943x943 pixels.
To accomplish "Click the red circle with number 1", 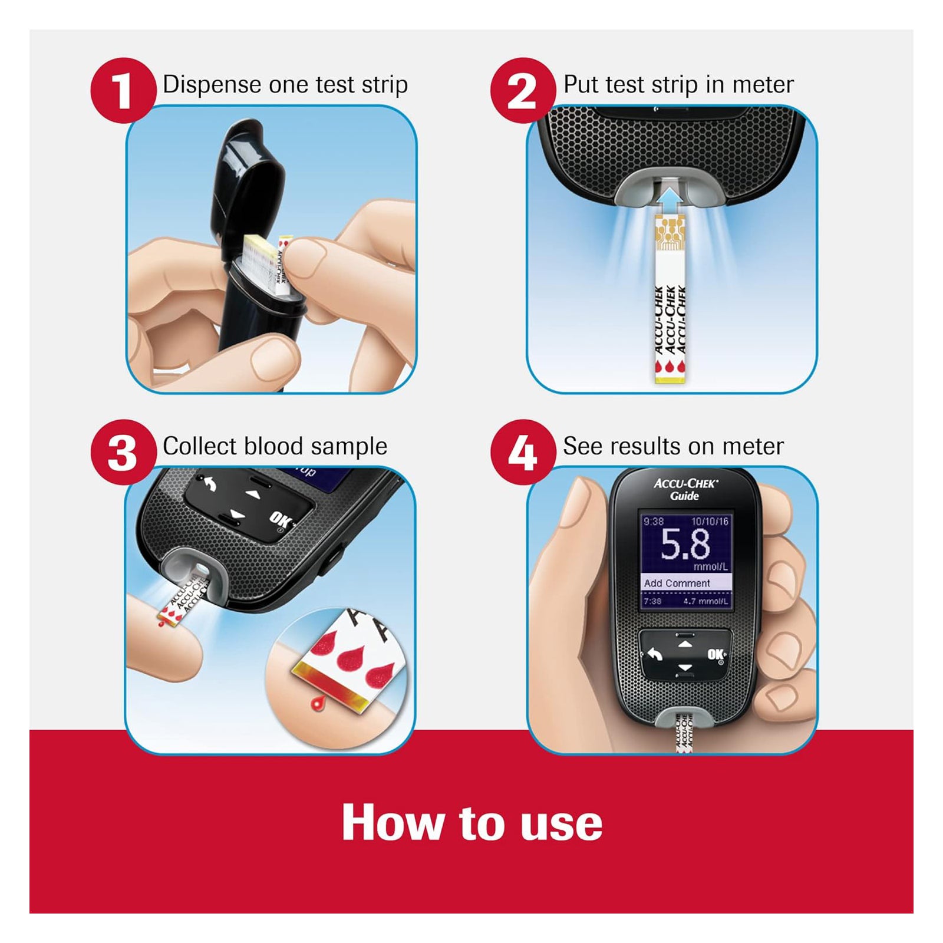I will click(123, 90).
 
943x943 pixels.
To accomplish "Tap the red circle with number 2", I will click(523, 90).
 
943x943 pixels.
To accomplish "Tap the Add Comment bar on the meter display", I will click(686, 583).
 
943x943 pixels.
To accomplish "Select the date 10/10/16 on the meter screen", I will click(710, 522).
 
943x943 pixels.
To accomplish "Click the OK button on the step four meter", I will click(716, 655).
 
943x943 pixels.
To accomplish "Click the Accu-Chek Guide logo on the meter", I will click(685, 489).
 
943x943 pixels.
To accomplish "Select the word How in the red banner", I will click(393, 823).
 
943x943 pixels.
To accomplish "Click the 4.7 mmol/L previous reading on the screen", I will click(705, 601).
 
